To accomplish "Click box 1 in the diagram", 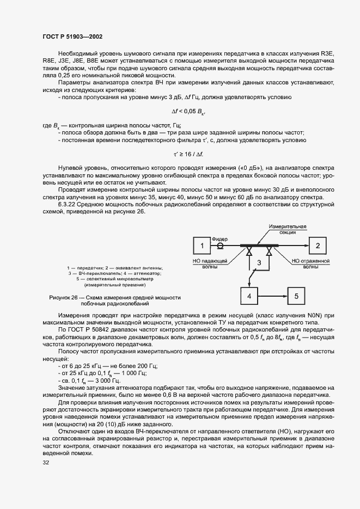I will pyautogui.click(x=202, y=246).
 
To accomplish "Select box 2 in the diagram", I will pyautogui.click(x=317, y=246).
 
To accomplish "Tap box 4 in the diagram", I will pyautogui.click(x=248, y=296).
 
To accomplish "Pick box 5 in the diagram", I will pyautogui.click(x=297, y=296).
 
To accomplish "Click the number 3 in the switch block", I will pyautogui.click(x=260, y=263).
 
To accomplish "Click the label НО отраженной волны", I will pyautogui.click(x=312, y=264).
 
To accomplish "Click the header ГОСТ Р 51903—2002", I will pyautogui.click(x=72, y=36).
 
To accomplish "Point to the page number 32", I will pyautogui.click(x=46, y=463).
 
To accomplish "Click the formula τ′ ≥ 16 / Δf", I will pyautogui.click(x=189, y=154).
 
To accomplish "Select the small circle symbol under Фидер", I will pyautogui.click(x=221, y=246).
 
